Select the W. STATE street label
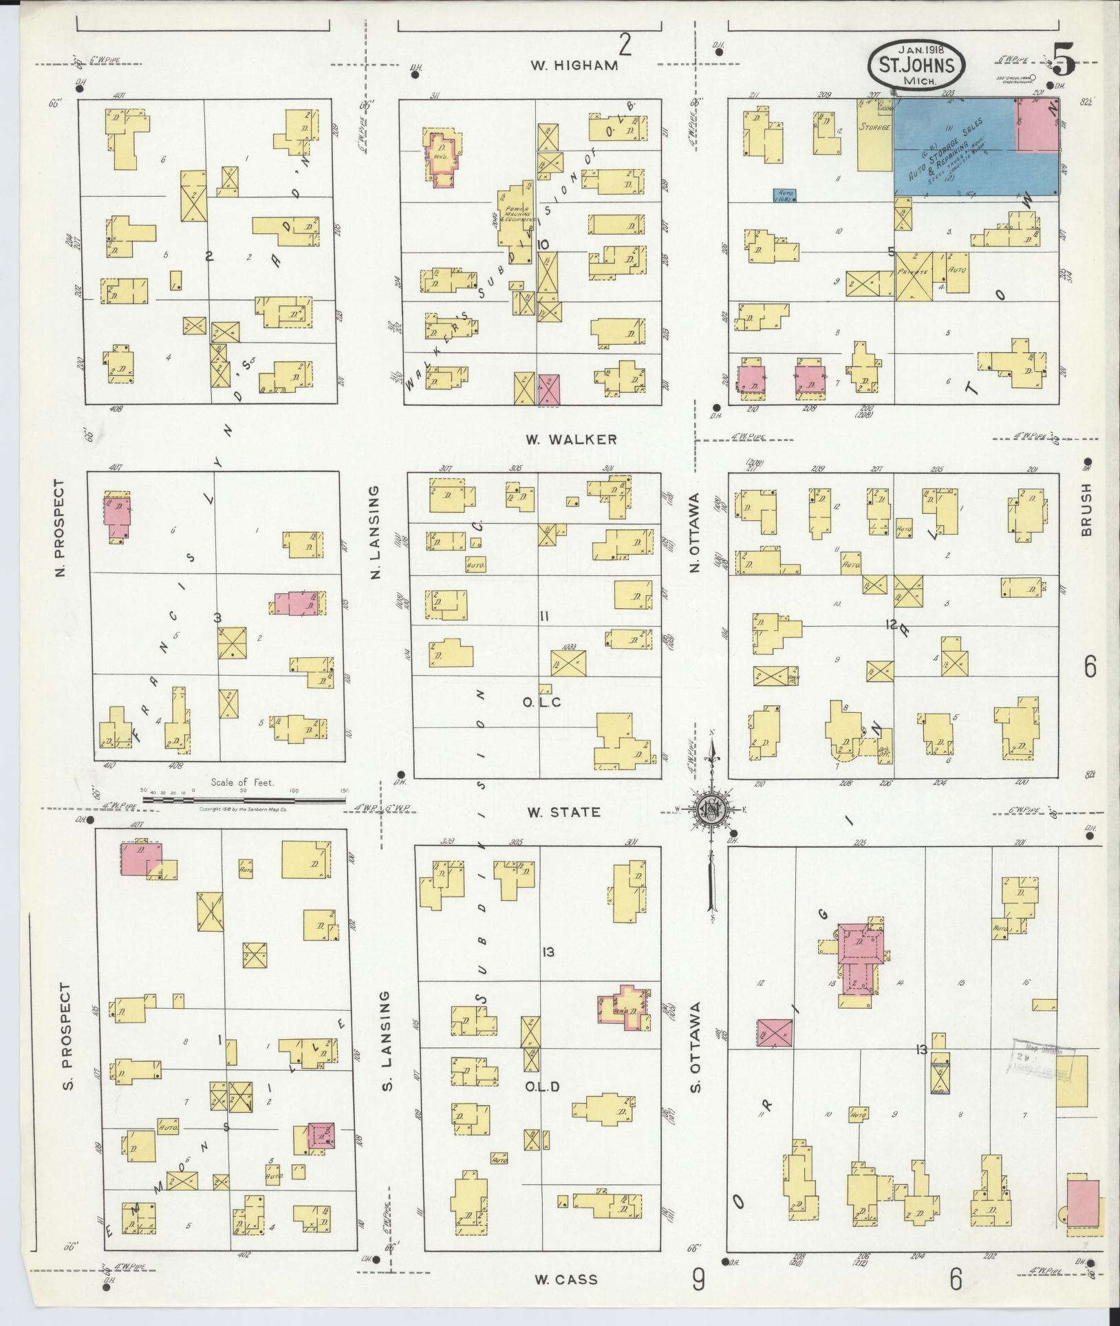click(x=563, y=812)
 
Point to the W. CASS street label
click(x=566, y=1280)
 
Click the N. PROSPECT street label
click(x=61, y=528)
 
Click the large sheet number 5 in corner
click(x=1064, y=60)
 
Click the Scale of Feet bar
click(x=244, y=800)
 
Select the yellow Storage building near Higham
click(x=874, y=136)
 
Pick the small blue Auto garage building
click(x=785, y=195)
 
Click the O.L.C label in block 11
click(x=541, y=702)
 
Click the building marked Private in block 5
click(x=913, y=275)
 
